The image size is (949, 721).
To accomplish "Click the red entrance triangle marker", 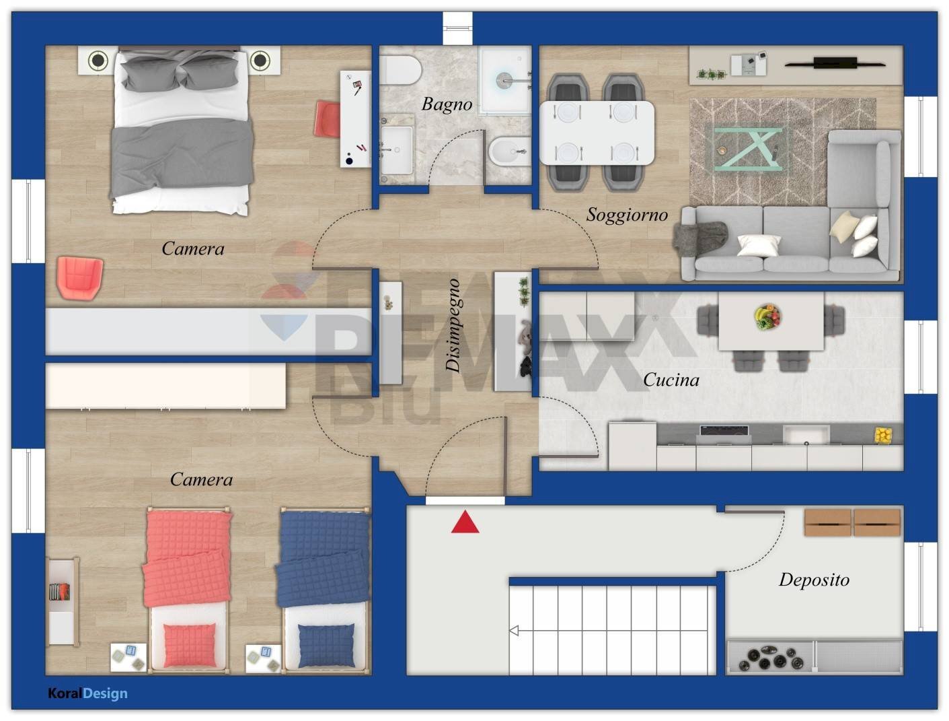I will [465, 523].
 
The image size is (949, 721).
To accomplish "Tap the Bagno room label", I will [447, 104].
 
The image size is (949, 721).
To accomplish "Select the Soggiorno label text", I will [627, 215].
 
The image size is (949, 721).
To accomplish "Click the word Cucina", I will [671, 380].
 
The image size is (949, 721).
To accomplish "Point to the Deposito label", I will [814, 580].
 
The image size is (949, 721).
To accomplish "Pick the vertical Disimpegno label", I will [454, 325].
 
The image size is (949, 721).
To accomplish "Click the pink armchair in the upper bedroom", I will [80, 277].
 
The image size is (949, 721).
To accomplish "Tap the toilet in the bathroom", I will [402, 69].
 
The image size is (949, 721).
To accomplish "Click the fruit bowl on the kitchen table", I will [767, 316].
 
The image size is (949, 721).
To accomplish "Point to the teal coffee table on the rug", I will [748, 149].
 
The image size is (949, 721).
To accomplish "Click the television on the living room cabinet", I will [835, 63].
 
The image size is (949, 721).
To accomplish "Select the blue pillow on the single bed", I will [326, 644].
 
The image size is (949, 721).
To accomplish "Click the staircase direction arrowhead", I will [514, 631].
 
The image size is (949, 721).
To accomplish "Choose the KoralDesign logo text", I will [87, 693].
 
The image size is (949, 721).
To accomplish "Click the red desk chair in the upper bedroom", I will [328, 119].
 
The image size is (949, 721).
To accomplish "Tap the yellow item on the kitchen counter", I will [882, 436].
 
